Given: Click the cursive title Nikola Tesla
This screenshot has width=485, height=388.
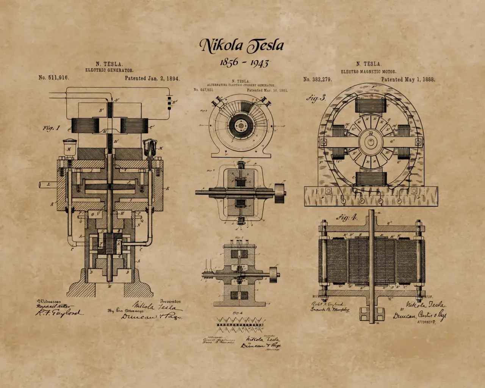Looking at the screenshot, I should [242, 45].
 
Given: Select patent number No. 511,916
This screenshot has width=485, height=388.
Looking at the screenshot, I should [53, 78].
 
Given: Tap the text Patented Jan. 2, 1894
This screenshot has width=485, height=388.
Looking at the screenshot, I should [152, 78].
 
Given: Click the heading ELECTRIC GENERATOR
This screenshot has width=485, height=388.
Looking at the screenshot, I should [109, 70].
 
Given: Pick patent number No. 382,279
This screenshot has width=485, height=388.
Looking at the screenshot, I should [318, 79].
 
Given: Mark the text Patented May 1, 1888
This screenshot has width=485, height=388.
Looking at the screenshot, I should [408, 80].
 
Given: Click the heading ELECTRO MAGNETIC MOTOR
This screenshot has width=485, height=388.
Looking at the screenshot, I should [368, 72].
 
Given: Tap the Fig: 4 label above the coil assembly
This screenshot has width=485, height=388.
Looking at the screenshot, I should [346, 217].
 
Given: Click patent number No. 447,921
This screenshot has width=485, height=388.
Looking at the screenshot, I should [204, 90].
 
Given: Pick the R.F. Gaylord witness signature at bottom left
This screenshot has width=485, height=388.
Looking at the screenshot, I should [58, 313].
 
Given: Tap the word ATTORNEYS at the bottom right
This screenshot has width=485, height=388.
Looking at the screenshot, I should [426, 321].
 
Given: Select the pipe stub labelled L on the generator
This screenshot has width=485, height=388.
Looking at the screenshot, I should [48, 185].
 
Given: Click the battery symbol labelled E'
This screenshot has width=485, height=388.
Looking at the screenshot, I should [169, 102].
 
